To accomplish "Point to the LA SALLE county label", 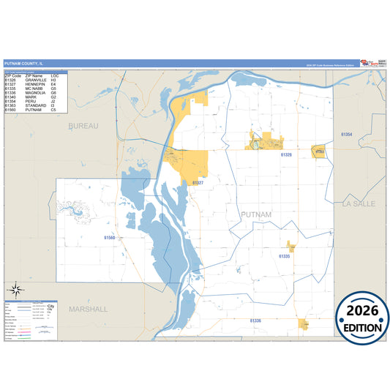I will coord(359,204).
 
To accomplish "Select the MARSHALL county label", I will coord(88,309).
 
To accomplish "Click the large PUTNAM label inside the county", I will coord(256,214).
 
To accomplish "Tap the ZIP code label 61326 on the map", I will coord(286,155).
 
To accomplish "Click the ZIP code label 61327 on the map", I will coord(198,183).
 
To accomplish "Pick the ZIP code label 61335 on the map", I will coord(285,257).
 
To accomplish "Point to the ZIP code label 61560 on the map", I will coord(110,238).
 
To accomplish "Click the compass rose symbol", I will coord(15,290).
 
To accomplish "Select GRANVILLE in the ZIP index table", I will coord(36,80).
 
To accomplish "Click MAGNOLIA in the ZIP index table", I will coord(36,93).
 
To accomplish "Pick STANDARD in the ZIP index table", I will coord(36,106).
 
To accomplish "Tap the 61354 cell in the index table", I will coord(10,102).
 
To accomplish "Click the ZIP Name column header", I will coord(34,75).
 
